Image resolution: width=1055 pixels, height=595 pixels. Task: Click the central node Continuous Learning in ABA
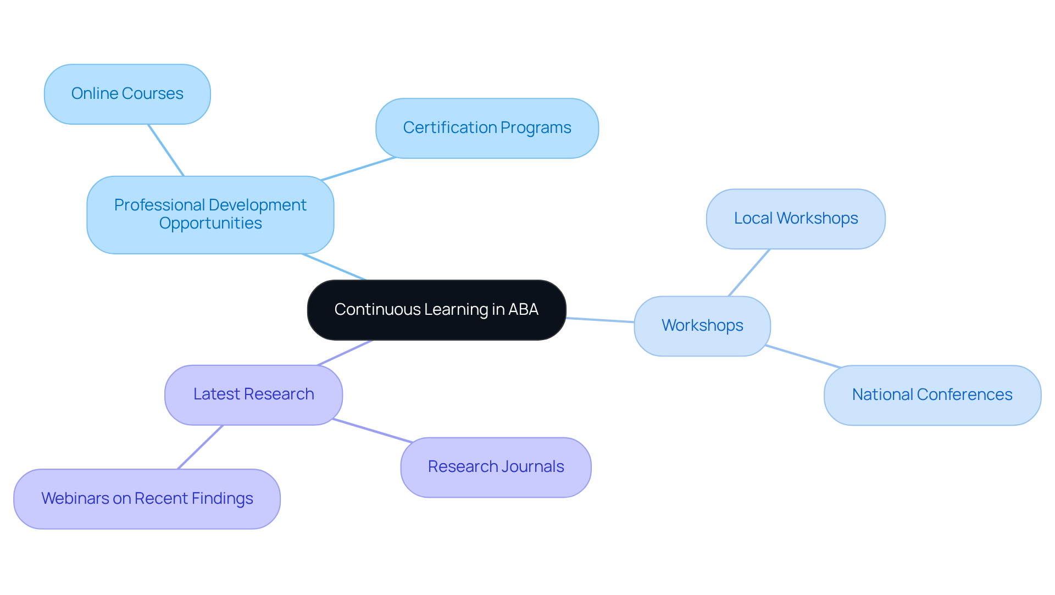[x=436, y=310]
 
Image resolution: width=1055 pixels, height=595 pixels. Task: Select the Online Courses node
[x=127, y=94]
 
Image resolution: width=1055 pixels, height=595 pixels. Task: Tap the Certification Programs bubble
[x=487, y=128]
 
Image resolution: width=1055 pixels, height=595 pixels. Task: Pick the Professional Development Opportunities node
[x=210, y=214]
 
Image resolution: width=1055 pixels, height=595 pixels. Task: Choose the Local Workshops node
[x=795, y=219]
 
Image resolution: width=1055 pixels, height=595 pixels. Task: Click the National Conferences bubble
[x=932, y=395]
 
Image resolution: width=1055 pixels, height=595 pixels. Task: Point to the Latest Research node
[x=253, y=394]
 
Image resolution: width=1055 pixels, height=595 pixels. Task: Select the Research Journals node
[x=496, y=467]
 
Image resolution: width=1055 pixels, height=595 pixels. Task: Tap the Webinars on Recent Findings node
[x=147, y=499]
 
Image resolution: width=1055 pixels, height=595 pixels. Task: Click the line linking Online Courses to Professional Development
[x=165, y=150]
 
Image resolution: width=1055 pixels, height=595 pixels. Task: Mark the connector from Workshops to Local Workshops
[x=749, y=273]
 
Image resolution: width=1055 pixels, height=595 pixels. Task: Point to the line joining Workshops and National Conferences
[x=803, y=356]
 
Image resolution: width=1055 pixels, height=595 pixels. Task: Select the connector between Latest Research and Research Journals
[x=372, y=430]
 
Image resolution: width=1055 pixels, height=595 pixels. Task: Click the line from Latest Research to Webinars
[x=200, y=447]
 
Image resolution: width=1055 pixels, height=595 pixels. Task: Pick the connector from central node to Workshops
[x=600, y=320]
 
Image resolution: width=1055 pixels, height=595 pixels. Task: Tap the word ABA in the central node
[x=523, y=309]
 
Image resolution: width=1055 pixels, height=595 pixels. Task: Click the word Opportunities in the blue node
[x=210, y=224]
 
